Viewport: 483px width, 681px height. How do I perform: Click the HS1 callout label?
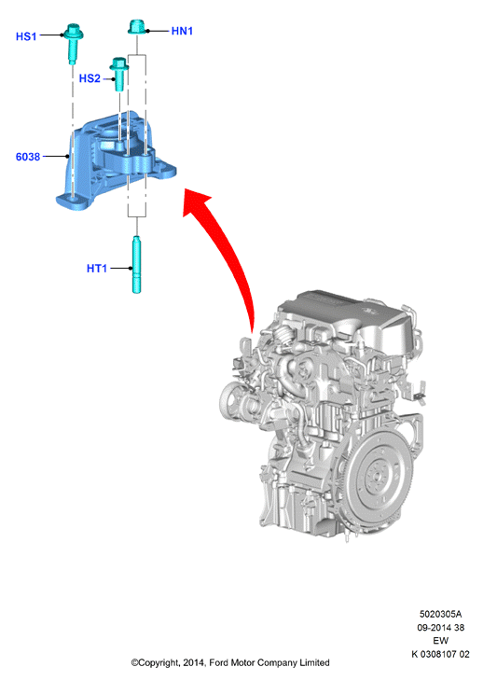coord(26,36)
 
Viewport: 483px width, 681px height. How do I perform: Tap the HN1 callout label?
coord(182,31)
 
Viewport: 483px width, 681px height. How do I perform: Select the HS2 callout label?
coord(90,78)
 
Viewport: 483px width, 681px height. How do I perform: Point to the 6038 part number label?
coord(28,157)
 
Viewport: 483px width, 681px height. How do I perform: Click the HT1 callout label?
coord(97,269)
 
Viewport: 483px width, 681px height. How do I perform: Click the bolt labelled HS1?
coord(73,44)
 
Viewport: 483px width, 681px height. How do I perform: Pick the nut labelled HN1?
coord(137,27)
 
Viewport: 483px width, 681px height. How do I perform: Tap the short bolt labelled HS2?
coord(119,74)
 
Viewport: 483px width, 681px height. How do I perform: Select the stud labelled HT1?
coord(137,265)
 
